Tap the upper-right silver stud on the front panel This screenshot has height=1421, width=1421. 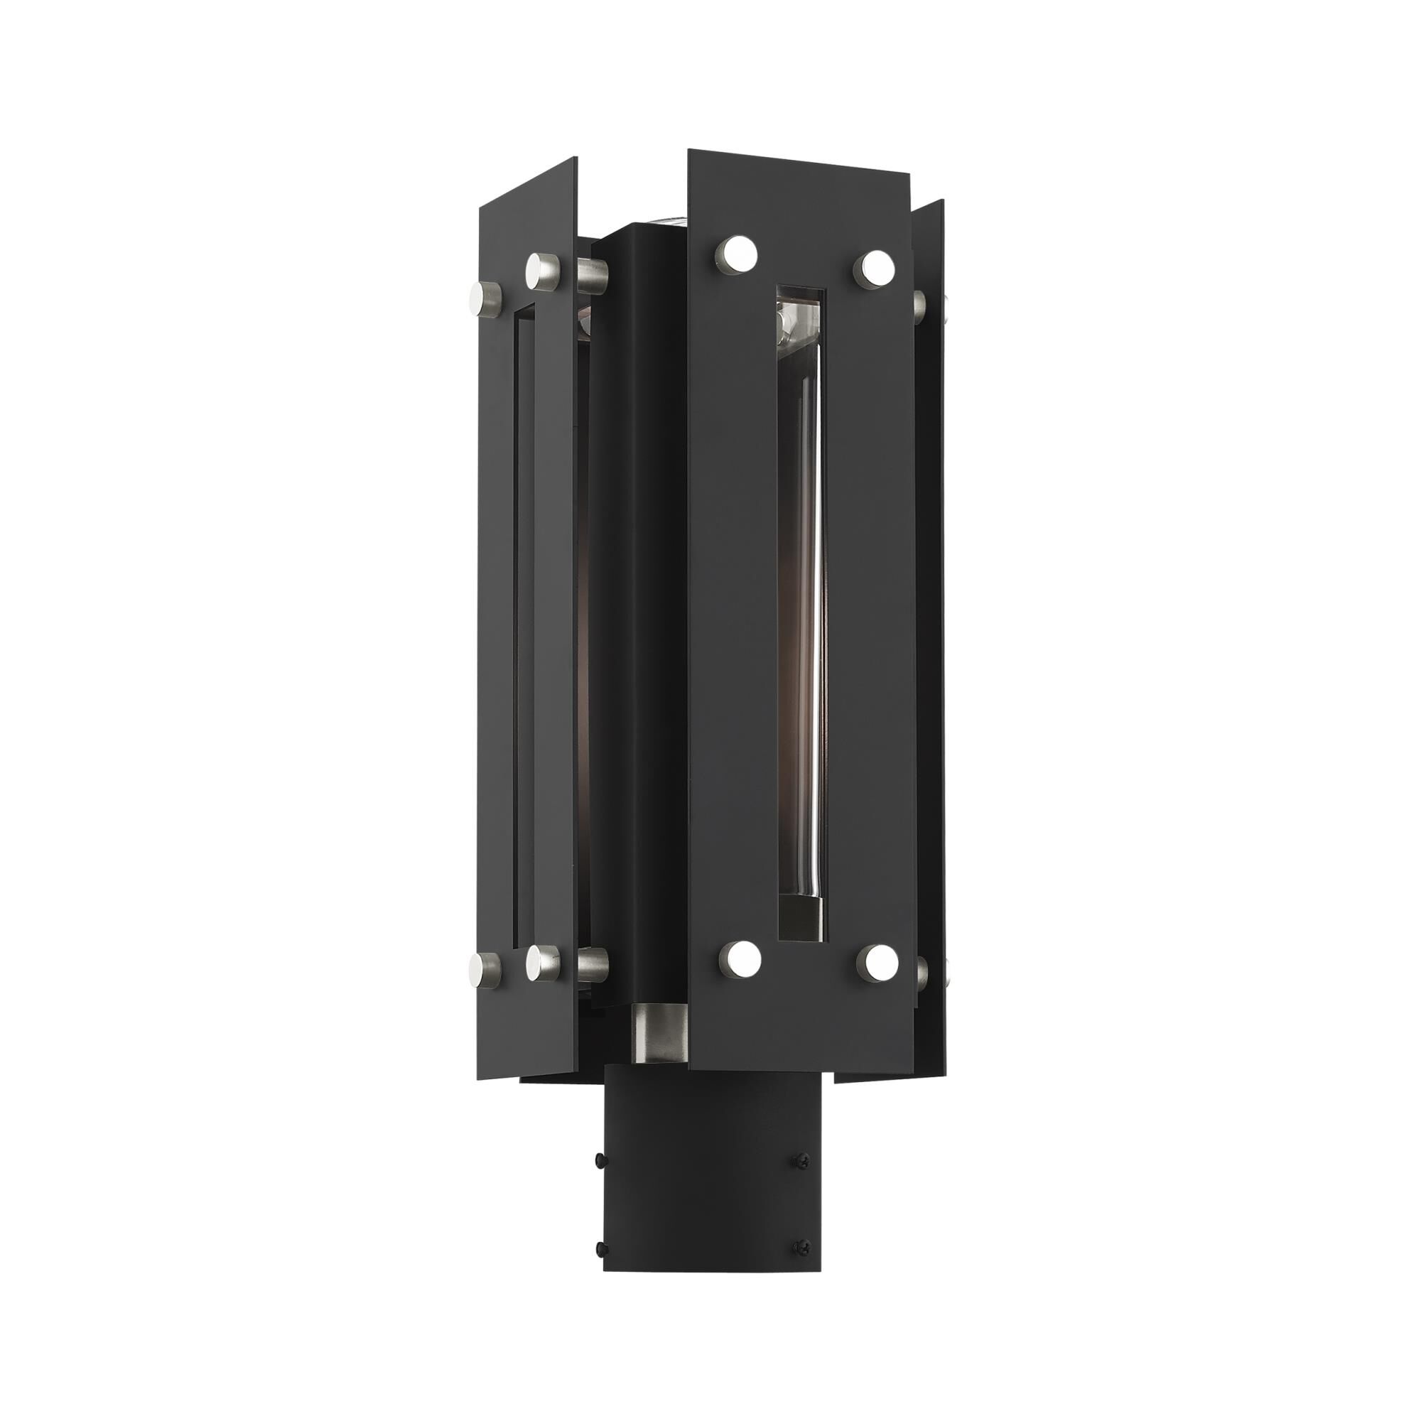(874, 267)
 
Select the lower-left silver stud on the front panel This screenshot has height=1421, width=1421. (737, 957)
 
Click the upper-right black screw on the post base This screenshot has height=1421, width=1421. (797, 1160)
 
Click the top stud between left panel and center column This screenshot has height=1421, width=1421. (593, 273)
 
